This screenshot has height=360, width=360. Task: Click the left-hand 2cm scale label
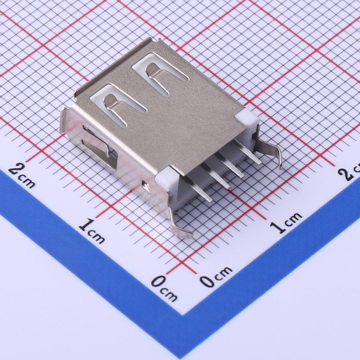[x=22, y=176]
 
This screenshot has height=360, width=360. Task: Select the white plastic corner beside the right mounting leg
[x=247, y=118]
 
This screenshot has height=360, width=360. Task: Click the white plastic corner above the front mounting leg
[x=167, y=177]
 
